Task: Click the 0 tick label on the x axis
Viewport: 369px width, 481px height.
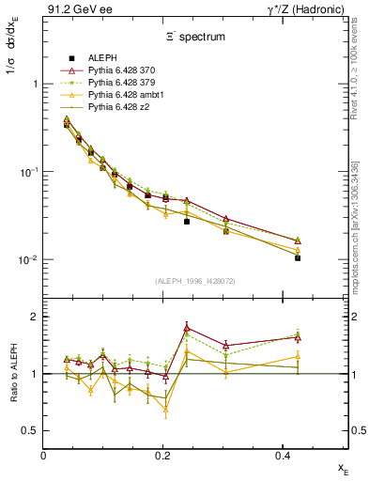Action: click(x=44, y=455)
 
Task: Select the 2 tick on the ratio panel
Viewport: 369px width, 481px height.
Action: click(x=36, y=317)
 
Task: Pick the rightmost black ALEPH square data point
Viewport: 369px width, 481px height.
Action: click(x=298, y=257)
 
